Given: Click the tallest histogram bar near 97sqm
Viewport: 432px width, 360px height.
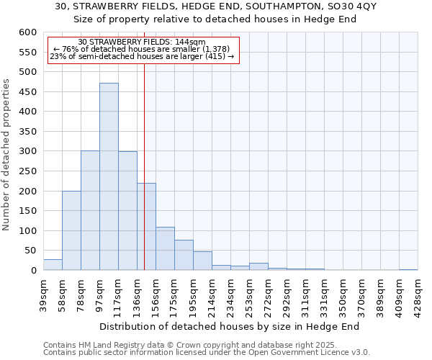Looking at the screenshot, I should coord(109,176).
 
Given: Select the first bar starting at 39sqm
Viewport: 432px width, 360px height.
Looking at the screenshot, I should coord(53,265).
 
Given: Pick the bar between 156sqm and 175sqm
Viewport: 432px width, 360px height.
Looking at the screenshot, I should coord(165,248).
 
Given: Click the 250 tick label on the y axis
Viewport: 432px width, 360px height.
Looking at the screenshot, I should coord(27,171).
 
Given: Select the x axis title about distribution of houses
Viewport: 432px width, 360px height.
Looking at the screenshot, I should coord(229,326).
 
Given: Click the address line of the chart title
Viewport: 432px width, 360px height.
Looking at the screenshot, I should coord(215,6).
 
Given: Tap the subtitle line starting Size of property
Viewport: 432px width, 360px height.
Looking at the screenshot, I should coord(215,19).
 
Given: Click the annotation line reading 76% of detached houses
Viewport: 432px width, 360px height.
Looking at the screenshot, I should coord(142,49).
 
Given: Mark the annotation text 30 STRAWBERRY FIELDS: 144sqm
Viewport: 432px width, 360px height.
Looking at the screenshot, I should coord(142,42).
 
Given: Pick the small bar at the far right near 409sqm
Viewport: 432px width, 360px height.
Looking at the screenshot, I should coord(408,269).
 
